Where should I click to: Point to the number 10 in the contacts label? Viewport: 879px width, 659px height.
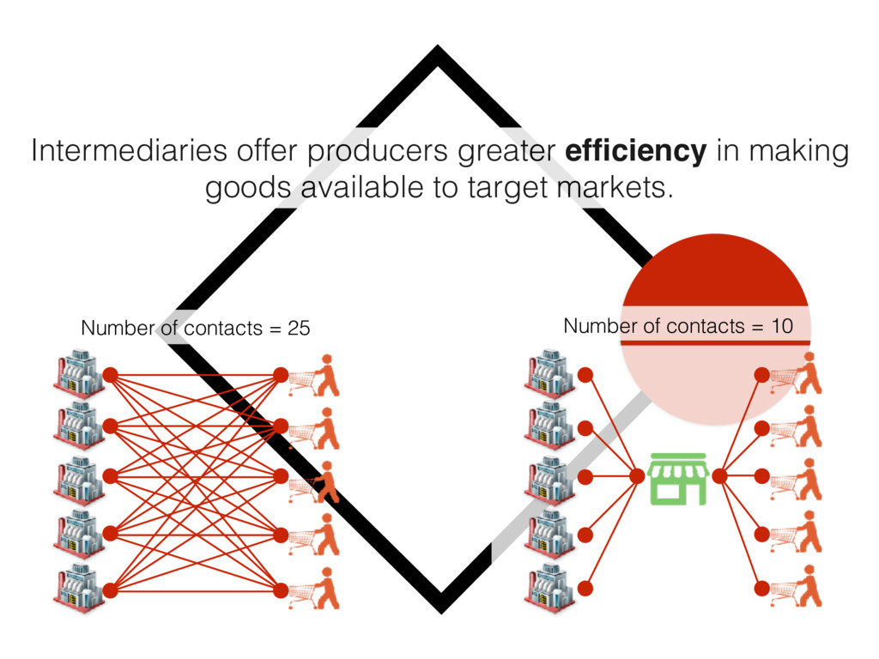click(780, 326)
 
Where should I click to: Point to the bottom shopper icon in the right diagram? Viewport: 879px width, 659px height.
click(798, 587)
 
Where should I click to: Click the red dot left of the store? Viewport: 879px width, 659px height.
click(637, 475)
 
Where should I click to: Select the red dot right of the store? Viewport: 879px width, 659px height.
click(719, 475)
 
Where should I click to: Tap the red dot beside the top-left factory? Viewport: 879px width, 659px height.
click(110, 374)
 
